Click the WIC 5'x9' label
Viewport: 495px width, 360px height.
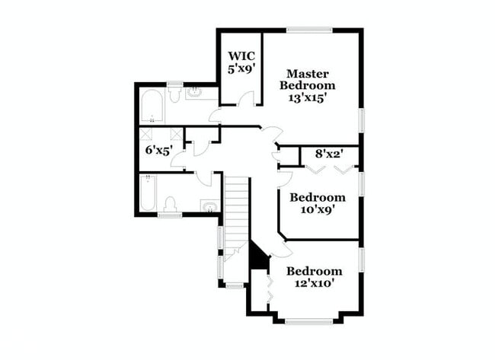tap(241, 62)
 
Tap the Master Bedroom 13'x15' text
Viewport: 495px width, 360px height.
tap(308, 85)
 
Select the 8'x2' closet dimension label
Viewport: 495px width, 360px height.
tap(330, 154)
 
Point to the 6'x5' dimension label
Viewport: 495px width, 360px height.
tap(159, 150)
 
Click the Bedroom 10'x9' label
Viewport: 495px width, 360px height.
tap(318, 203)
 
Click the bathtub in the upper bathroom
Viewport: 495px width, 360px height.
tap(152, 107)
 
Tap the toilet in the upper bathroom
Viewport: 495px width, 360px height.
tap(174, 94)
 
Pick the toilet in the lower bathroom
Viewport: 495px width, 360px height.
tap(171, 204)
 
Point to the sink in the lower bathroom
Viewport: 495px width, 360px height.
tap(208, 205)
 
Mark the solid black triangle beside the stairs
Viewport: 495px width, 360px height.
tap(259, 256)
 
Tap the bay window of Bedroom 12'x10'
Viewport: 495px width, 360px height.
tap(308, 320)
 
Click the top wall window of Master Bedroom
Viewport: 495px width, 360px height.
tap(308, 30)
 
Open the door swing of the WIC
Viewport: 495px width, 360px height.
tap(245, 99)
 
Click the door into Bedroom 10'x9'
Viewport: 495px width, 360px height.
tap(284, 180)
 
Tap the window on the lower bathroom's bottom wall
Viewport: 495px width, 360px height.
tap(169, 216)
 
